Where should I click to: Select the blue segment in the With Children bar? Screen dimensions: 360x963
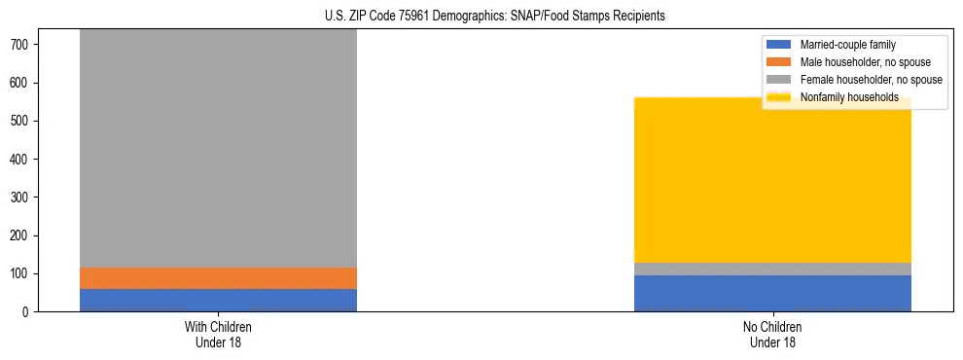point(218,300)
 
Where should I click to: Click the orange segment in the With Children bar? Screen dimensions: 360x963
point(218,278)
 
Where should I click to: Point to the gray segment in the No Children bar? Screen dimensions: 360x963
point(772,269)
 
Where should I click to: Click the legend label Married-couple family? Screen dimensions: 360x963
point(847,45)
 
